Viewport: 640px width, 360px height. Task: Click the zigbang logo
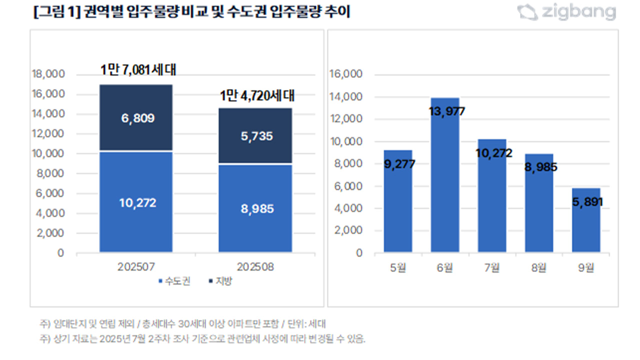(566, 12)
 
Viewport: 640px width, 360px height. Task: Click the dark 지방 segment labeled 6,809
(136, 118)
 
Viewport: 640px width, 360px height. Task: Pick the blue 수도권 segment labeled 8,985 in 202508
(255, 208)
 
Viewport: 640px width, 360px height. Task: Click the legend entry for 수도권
(174, 281)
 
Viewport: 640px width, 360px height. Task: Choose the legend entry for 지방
(220, 281)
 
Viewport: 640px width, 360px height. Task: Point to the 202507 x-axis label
(136, 267)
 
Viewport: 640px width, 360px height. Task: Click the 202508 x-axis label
(255, 267)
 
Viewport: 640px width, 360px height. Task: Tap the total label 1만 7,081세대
(138, 70)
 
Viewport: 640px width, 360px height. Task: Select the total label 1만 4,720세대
(257, 95)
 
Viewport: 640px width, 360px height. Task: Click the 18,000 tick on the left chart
(48, 74)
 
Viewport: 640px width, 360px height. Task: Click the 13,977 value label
(446, 111)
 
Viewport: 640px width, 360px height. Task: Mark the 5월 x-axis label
(398, 267)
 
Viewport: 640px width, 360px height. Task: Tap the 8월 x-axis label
(539, 267)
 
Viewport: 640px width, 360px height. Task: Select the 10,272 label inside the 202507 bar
(137, 203)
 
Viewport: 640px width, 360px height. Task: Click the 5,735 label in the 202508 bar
(255, 136)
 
